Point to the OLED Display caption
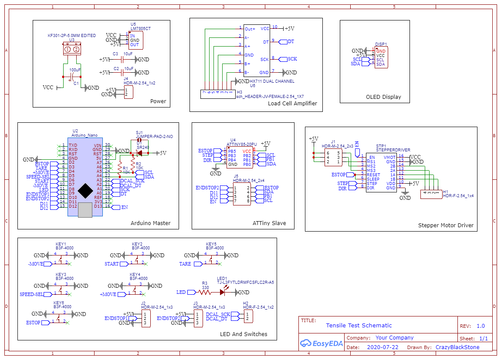[383, 97]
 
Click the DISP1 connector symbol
[380, 57]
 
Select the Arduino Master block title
[151, 223]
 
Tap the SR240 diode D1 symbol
[140, 153]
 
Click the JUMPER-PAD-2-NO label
[154, 137]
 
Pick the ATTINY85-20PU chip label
[242, 144]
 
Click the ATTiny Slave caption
[269, 223]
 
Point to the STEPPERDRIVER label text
[393, 150]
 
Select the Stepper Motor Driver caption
[446, 225]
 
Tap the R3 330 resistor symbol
[205, 292]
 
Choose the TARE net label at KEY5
[185, 264]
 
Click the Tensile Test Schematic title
[359, 325]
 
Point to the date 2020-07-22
[383, 347]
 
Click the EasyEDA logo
[321, 343]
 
